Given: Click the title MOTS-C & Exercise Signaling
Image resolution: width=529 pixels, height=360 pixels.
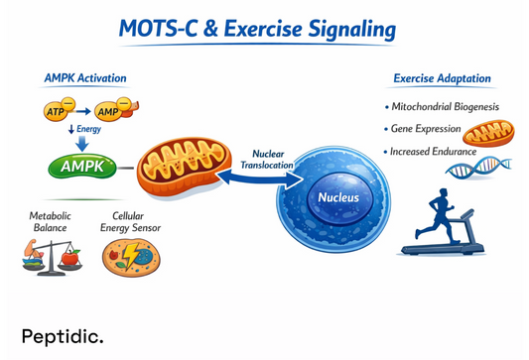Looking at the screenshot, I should (x=256, y=29).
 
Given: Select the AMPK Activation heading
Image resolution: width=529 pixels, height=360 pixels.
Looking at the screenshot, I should (x=85, y=77).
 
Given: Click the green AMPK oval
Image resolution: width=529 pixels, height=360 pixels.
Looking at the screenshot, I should (x=81, y=166).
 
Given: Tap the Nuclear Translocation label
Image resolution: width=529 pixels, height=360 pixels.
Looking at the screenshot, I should (x=267, y=160).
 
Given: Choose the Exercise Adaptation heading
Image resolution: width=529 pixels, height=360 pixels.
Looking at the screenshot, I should (x=442, y=78).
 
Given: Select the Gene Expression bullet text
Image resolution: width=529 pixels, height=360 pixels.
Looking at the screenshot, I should (x=428, y=129).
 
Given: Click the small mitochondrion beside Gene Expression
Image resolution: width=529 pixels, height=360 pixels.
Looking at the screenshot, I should (x=488, y=133).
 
